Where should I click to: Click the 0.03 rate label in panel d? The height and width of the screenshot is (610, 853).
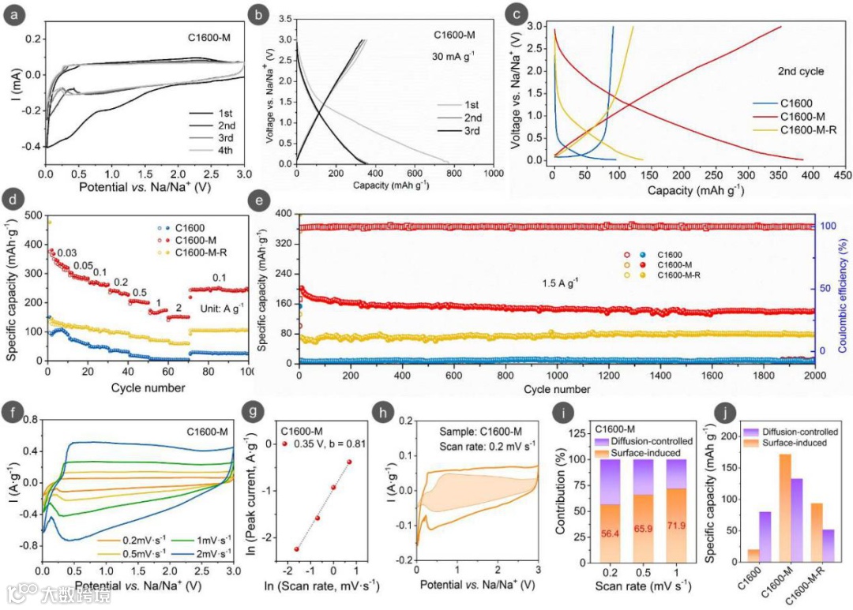click(66, 253)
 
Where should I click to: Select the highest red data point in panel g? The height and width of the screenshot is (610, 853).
click(348, 462)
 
